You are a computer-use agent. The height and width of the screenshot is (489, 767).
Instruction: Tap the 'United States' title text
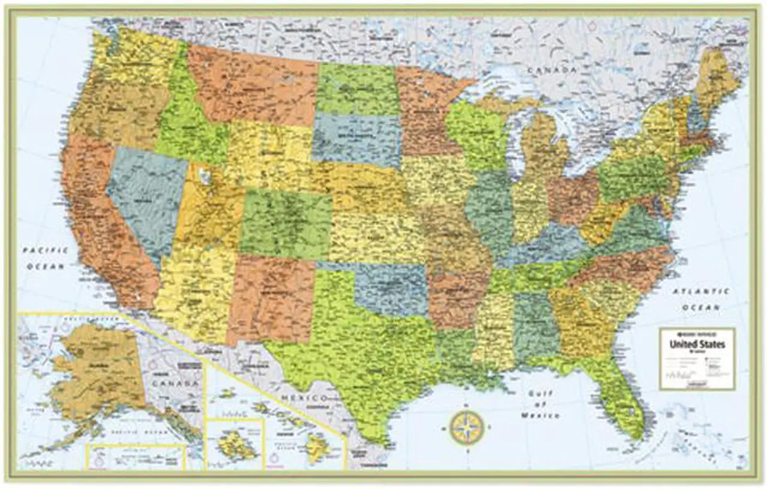coord(697,344)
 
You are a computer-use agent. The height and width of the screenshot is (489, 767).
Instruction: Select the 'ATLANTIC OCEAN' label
coord(700,299)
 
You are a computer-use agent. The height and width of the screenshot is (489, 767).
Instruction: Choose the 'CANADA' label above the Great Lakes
coord(552,71)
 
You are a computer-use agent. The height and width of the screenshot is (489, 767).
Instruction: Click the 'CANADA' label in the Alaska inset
coord(174,383)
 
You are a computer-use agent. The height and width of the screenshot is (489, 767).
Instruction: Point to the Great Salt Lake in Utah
coord(206,176)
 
